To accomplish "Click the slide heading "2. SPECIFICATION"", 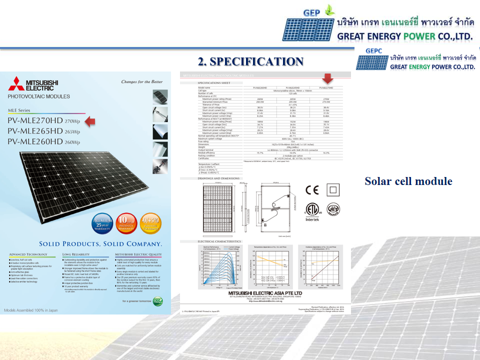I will click(250, 61).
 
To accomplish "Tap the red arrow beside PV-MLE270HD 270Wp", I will click(89, 120).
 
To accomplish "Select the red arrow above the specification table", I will click(328, 79).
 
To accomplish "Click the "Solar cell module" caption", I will click(408, 181).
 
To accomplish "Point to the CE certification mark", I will click(311, 190).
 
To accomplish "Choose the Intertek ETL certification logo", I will click(312, 210).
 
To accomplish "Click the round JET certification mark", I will click(333, 208).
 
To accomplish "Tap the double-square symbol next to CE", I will click(332, 190).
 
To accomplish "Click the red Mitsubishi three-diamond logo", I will click(16, 83).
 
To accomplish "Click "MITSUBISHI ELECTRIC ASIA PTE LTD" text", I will click(265, 292).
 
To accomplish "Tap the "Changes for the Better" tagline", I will click(142, 81).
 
